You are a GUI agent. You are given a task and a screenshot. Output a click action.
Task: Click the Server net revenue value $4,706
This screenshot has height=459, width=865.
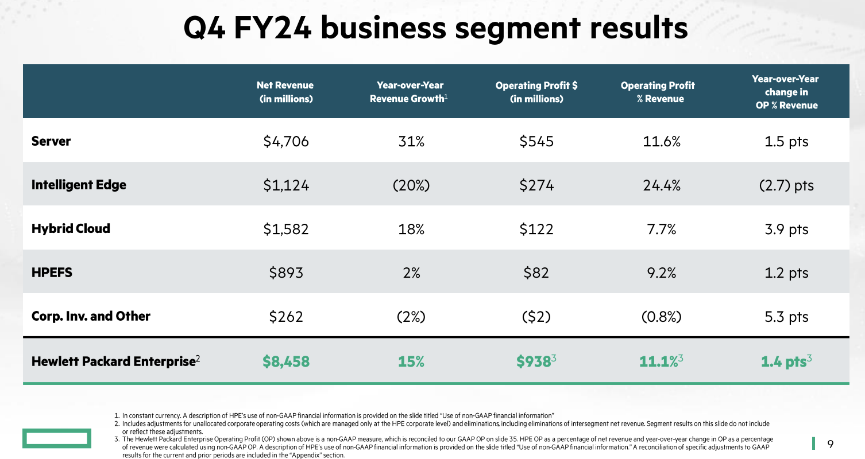[285, 141]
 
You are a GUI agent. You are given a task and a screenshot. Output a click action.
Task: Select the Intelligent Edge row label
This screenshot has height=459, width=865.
[79, 185]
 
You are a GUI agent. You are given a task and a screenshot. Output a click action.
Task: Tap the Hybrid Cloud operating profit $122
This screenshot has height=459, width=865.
[536, 229]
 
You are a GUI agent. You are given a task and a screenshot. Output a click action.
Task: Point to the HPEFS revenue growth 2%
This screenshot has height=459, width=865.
[411, 273]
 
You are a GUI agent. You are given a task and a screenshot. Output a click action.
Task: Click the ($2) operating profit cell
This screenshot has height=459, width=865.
[536, 317]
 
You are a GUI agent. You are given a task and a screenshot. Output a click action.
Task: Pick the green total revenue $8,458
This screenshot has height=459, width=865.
[285, 361]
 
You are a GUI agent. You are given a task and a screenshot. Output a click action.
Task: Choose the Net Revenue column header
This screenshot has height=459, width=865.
[285, 92]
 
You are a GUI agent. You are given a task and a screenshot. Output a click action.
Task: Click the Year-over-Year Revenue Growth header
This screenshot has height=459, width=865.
[410, 92]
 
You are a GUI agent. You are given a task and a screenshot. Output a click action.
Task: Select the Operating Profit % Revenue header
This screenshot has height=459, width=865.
[658, 92]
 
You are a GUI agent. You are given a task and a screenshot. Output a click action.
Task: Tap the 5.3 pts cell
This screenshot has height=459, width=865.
[786, 317]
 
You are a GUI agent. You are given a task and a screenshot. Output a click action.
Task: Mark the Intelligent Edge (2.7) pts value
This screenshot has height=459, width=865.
[785, 185]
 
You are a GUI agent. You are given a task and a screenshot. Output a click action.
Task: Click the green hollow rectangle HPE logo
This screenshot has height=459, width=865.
[56, 439]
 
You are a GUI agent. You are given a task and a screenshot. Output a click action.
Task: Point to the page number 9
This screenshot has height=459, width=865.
[830, 444]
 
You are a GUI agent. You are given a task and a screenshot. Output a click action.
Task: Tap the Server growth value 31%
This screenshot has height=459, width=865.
[411, 141]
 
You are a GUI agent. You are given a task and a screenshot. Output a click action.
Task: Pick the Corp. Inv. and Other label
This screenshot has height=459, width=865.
[91, 316]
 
